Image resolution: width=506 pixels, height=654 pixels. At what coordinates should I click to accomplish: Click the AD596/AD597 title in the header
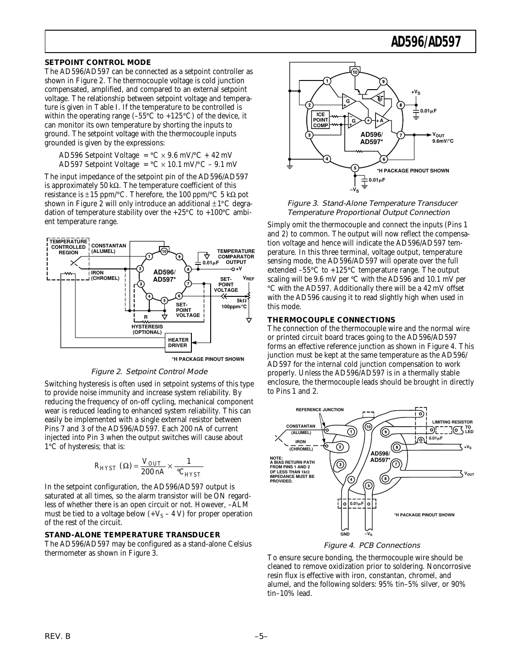tap(425, 43)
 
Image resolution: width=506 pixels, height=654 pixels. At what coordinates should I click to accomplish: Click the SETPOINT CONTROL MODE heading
tap(98, 63)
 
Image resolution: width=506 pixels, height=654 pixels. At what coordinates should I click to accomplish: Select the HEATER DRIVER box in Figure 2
tap(178, 343)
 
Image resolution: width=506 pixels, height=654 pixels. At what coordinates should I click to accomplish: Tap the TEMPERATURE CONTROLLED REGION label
tap(68, 247)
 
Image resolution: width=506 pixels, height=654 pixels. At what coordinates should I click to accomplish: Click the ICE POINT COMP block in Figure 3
tap(321, 120)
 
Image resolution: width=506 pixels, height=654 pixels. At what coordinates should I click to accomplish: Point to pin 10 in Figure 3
tap(355, 72)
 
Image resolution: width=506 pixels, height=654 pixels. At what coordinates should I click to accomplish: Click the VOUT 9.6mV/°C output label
tap(442, 138)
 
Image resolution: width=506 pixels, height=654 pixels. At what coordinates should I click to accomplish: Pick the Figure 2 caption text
tap(149, 371)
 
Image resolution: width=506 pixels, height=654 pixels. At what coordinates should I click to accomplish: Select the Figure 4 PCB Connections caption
tap(371, 545)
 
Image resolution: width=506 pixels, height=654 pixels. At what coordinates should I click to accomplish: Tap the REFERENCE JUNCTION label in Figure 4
tap(320, 410)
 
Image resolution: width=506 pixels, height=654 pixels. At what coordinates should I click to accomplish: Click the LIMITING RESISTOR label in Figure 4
tap(452, 422)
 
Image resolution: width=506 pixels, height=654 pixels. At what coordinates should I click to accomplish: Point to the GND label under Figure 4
tap(345, 534)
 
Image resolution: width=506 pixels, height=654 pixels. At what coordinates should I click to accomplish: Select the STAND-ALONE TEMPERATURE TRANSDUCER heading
tap(132, 535)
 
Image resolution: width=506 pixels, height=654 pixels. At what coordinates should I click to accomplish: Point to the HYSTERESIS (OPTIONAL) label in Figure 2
tap(147, 329)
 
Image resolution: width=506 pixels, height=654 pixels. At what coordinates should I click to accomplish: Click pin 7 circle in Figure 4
tap(397, 464)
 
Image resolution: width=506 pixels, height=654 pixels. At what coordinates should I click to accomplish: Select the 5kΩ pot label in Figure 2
tap(241, 300)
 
